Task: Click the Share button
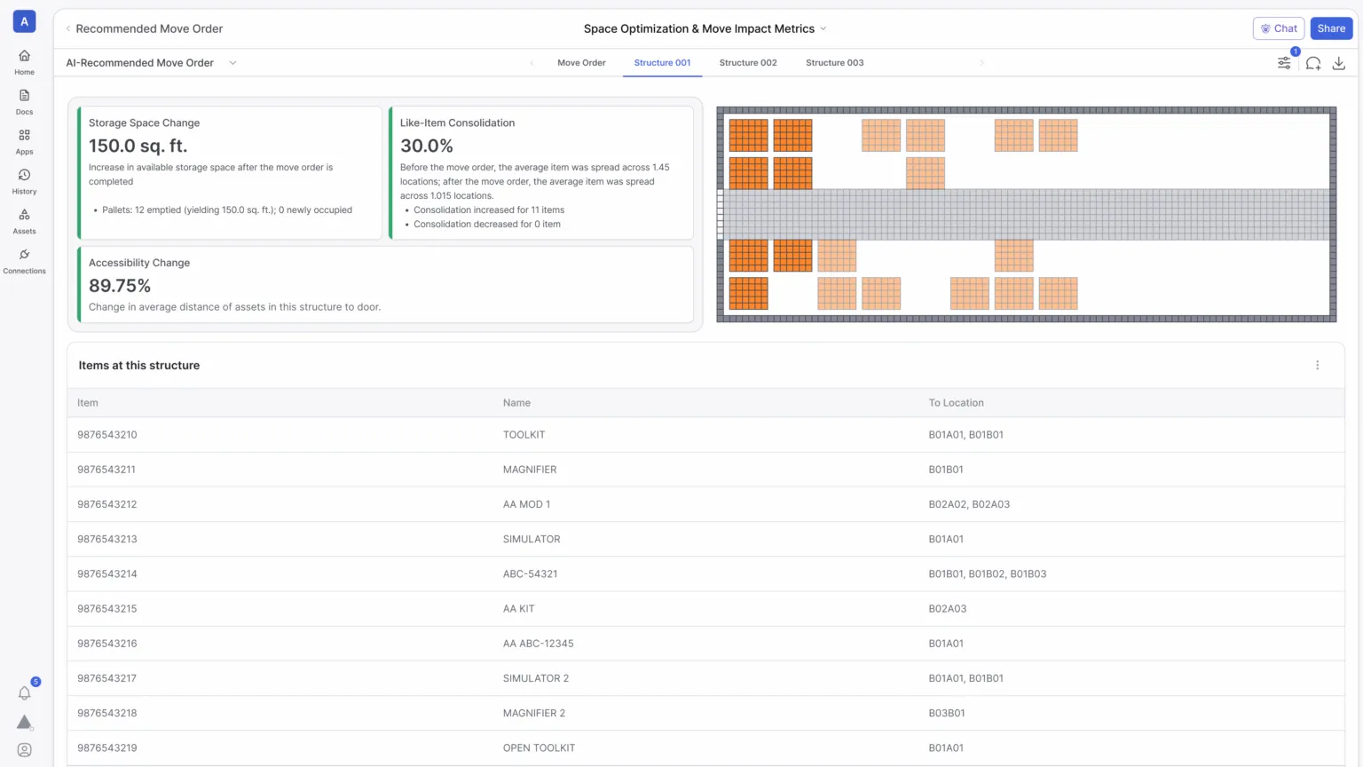1330,28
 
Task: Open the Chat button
1278,28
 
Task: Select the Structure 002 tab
747,63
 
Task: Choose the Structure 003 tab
834,63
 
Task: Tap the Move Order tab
581,63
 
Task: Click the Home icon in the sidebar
25,56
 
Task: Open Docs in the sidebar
25,96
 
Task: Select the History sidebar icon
25,176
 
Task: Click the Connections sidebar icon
25,255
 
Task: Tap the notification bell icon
25,693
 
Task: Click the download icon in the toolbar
1338,63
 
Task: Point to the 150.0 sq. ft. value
138,146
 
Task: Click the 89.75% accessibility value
120,286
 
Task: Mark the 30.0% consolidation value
426,146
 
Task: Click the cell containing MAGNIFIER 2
533,713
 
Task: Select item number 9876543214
107,573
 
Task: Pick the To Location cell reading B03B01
946,713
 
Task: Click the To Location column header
956,403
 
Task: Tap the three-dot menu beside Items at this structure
1317,365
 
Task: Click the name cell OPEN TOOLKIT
539,747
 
